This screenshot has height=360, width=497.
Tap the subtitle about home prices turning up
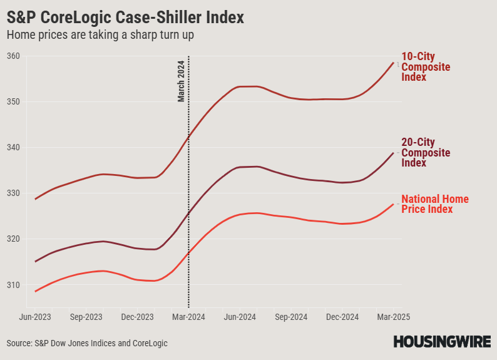coord(100,35)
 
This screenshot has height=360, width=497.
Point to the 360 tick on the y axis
coord(14,56)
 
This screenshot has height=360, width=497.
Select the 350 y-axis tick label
coord(14,102)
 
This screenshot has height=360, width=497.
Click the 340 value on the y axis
coord(14,148)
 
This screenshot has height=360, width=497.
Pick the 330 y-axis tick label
coord(14,193)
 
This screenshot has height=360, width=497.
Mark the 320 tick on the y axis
coord(14,239)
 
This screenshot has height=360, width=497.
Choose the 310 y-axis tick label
coord(14,285)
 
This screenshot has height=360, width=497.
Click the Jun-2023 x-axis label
coord(36,317)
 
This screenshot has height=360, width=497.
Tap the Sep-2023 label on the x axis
coord(86,317)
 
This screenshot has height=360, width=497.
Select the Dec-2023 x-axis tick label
coord(137,317)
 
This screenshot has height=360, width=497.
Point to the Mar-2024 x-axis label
coord(188,317)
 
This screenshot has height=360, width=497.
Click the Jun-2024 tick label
coord(240,317)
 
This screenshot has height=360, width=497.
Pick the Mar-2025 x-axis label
coord(392,317)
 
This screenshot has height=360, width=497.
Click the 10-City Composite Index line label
coord(426,67)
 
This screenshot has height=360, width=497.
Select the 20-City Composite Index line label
coord(426,153)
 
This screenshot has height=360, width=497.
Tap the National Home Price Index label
coord(434,204)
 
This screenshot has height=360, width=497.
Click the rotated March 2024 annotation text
coord(181,81)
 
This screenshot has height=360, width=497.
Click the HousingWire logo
coord(441,341)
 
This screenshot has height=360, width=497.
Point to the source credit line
coord(87,343)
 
